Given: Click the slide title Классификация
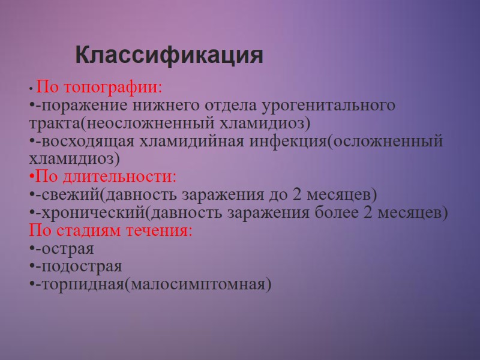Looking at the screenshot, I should point(169,56).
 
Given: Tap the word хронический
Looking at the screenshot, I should point(90,213).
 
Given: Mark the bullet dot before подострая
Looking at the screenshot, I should point(31,266).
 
